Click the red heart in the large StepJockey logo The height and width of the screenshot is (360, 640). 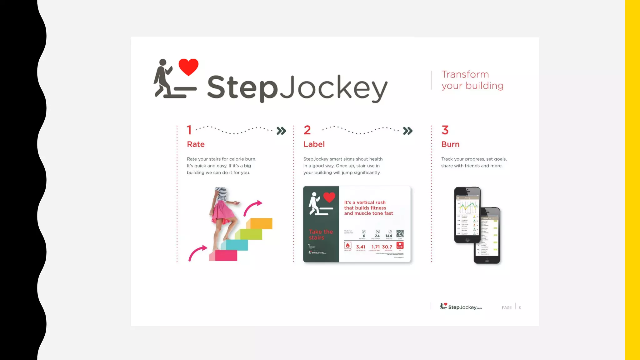188,67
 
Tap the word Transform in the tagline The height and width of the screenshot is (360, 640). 465,74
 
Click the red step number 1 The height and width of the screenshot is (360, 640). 189,130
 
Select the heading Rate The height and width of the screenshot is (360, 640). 196,144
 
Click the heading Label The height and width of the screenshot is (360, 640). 314,144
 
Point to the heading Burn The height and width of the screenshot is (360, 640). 450,144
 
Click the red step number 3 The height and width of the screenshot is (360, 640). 445,130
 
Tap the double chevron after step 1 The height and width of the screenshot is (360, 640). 281,131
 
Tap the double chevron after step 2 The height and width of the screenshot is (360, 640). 408,131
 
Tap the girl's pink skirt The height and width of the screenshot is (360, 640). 222,212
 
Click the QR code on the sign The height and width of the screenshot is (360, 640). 400,234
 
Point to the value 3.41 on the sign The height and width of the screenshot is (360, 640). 361,247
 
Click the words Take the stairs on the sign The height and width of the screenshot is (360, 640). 321,235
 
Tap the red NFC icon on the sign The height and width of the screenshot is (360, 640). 400,245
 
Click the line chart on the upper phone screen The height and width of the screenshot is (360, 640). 467,206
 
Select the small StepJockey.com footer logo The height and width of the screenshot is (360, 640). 461,307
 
